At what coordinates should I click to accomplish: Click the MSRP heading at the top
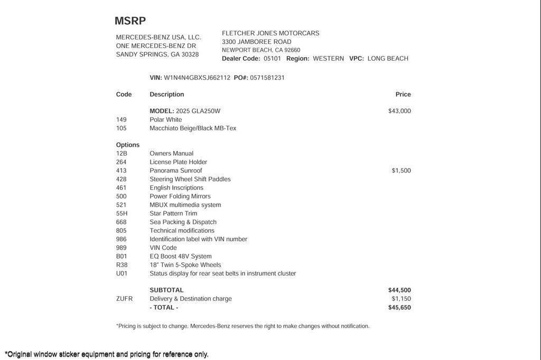pos(130,21)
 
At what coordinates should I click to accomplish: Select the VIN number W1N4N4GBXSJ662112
pos(197,78)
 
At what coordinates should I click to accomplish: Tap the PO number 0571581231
pos(267,78)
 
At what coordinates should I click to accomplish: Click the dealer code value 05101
pos(273,59)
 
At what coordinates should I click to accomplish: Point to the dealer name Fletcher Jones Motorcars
pos(270,33)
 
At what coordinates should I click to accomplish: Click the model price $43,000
pos(399,111)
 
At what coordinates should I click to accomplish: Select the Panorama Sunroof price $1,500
pos(401,170)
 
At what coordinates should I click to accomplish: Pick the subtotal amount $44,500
pos(399,290)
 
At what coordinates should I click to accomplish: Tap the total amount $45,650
pos(399,307)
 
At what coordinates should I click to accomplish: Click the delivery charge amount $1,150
pos(401,299)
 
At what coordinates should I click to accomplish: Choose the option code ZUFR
pos(124,299)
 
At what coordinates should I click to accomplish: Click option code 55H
pos(122,213)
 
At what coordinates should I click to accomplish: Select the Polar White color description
pos(166,120)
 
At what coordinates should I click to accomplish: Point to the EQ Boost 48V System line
pos(181,257)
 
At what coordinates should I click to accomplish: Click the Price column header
pos(403,94)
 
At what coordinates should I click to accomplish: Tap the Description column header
pos(167,94)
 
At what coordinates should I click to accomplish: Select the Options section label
pos(128,145)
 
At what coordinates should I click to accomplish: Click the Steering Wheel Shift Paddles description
pos(190,179)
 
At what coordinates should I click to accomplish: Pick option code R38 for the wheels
pos(122,265)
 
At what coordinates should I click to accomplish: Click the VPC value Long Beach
pos(388,59)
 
